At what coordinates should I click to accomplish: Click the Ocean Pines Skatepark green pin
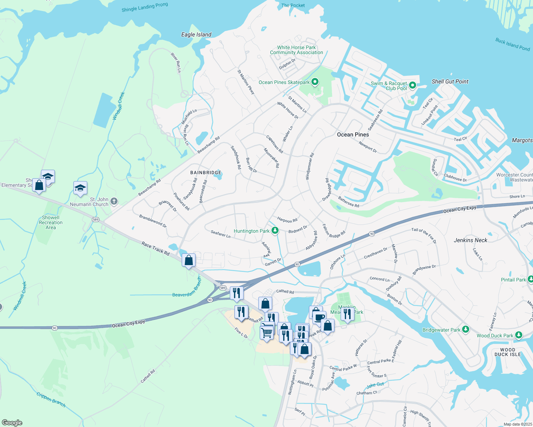pyautogui.click(x=315, y=82)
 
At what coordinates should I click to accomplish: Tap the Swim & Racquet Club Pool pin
pyautogui.click(x=413, y=85)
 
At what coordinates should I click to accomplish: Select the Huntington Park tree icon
pyautogui.click(x=275, y=231)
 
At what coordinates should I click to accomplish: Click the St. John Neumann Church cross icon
pyautogui.click(x=114, y=201)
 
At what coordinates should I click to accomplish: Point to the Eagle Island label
pyautogui.click(x=196, y=35)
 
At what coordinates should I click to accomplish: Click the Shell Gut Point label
pyautogui.click(x=450, y=81)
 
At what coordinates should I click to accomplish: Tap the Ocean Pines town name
pyautogui.click(x=353, y=135)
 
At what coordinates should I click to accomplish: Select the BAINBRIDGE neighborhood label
pyautogui.click(x=206, y=173)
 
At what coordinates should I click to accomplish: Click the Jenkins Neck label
pyautogui.click(x=470, y=240)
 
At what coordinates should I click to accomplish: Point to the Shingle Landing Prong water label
pyautogui.click(x=145, y=7)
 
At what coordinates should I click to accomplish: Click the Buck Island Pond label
pyautogui.click(x=512, y=44)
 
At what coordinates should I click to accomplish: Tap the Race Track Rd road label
pyautogui.click(x=155, y=249)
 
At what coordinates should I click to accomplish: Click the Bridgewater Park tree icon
pyautogui.click(x=465, y=330)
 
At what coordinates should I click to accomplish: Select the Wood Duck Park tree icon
pyautogui.click(x=519, y=335)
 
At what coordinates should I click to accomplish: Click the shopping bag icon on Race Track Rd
pyautogui.click(x=188, y=260)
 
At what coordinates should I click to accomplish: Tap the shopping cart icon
pyautogui.click(x=266, y=333)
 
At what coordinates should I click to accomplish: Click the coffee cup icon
pyautogui.click(x=319, y=317)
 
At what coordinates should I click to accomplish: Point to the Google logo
pyautogui.click(x=12, y=423)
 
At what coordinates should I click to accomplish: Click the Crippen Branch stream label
pyautogui.click(x=51, y=400)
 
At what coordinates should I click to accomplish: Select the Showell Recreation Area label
pyautogui.click(x=51, y=222)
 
